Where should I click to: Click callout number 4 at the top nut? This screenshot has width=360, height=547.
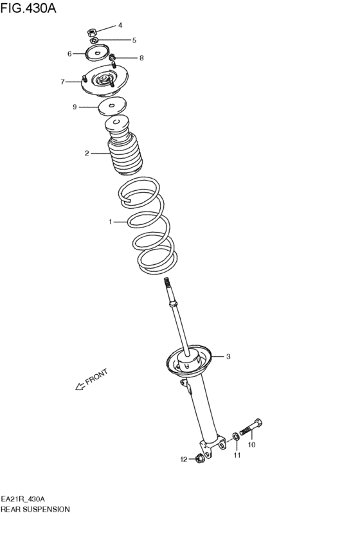click(x=120, y=26)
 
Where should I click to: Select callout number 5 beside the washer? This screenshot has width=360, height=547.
click(x=134, y=40)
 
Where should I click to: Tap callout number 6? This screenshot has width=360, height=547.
click(x=69, y=54)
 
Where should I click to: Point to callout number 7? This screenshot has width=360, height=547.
click(x=63, y=82)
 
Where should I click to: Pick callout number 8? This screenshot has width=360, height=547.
click(x=141, y=58)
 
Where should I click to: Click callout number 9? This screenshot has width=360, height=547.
click(x=75, y=107)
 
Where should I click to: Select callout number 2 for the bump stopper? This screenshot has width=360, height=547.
click(x=86, y=154)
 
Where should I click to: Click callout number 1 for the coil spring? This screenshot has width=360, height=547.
click(x=110, y=222)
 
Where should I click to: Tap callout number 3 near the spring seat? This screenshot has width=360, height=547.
click(x=228, y=356)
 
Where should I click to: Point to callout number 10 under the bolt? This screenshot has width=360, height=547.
click(x=251, y=444)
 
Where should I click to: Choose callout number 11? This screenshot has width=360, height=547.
click(x=237, y=455)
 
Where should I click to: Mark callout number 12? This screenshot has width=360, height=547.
click(x=183, y=459)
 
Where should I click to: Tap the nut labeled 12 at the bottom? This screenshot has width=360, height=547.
click(x=199, y=458)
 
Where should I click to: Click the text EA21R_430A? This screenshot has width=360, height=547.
click(x=22, y=499)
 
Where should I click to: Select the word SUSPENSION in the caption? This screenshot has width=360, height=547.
click(x=47, y=509)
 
